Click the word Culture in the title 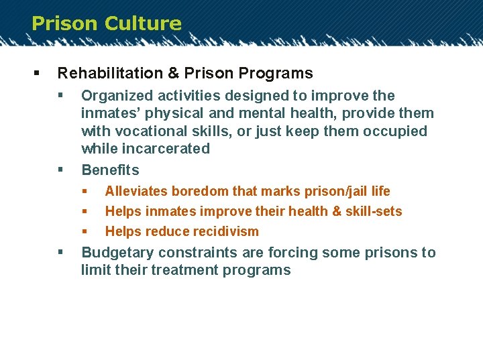(x=144, y=23)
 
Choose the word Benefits (x=110, y=170)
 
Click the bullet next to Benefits (x=60, y=170)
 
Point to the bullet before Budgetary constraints (x=60, y=253)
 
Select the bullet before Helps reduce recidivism (x=85, y=231)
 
